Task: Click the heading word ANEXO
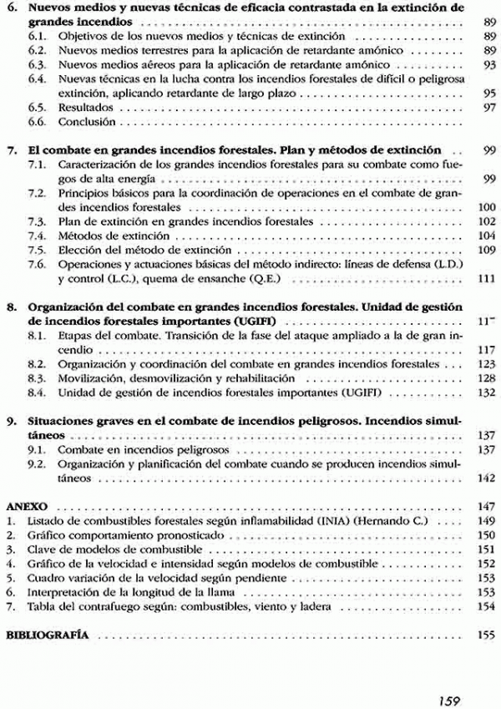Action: point(26,507)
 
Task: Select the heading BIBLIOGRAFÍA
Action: point(48,636)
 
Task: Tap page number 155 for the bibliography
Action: point(487,636)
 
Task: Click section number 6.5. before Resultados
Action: point(36,109)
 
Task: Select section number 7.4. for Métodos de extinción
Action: point(36,236)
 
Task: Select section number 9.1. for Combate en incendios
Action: point(36,450)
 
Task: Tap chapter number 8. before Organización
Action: point(12,306)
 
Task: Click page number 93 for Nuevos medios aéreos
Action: point(489,64)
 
